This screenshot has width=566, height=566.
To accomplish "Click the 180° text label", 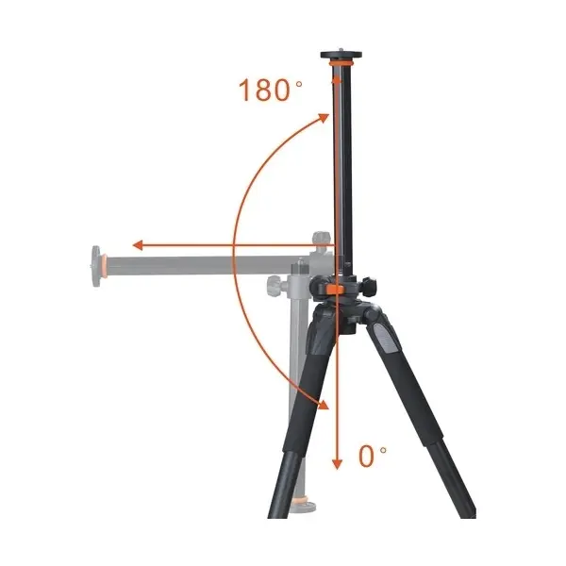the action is point(271,90).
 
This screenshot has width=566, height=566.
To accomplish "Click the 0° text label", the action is point(373,457).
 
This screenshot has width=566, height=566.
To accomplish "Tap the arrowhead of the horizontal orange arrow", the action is point(139,245).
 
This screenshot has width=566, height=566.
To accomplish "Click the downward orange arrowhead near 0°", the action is point(337,464).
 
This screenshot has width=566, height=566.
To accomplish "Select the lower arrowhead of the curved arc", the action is point(324,405).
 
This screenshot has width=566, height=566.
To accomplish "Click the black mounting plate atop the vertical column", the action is point(341,56).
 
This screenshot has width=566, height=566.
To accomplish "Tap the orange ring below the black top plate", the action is point(341,63).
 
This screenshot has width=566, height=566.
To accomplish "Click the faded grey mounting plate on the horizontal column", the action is point(96,266).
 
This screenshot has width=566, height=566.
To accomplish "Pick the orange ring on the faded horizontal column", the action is point(104,267).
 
